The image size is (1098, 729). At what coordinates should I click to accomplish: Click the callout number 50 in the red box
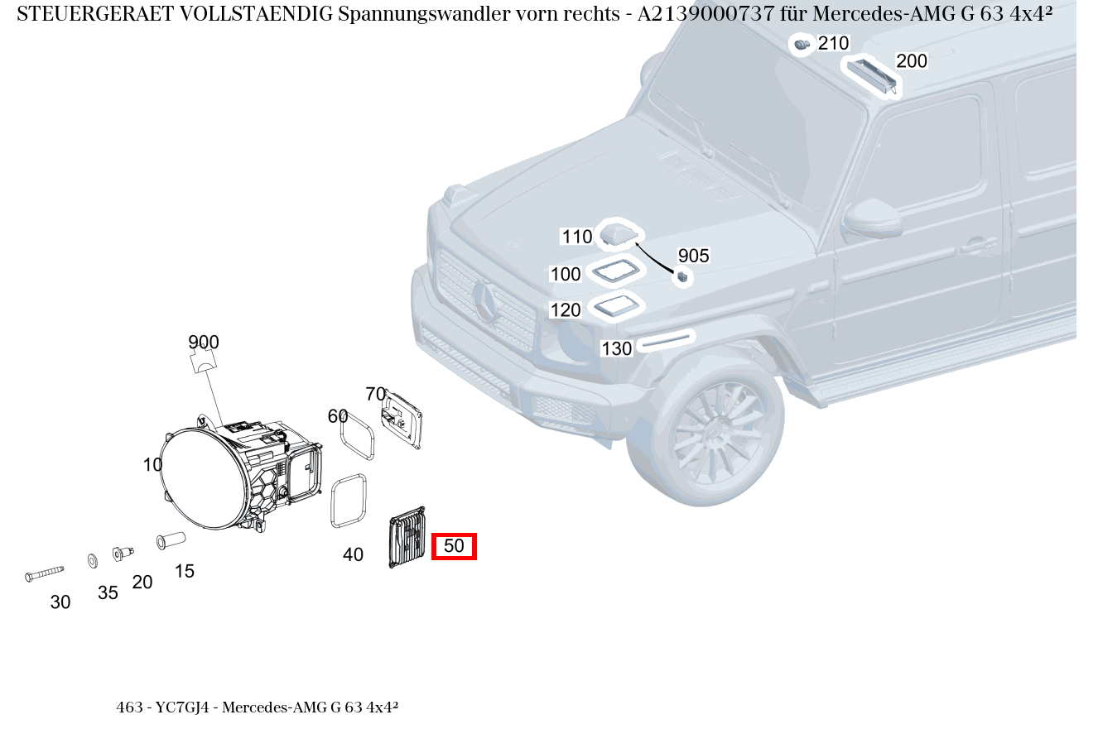(454, 546)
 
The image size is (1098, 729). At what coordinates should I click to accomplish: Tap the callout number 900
(203, 343)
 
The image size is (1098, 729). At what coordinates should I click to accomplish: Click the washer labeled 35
(92, 561)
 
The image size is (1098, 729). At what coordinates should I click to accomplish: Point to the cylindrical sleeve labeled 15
(171, 540)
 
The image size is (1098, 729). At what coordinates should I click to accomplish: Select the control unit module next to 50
(407, 538)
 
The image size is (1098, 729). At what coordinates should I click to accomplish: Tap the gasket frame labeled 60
(359, 438)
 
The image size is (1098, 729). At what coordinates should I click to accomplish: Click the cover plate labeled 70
(402, 420)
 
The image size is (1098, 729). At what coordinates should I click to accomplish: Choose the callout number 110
(577, 237)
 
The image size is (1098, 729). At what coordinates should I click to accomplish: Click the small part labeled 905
(682, 277)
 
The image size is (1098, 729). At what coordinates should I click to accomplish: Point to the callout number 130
(616, 349)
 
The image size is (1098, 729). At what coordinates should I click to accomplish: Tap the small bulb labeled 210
(801, 44)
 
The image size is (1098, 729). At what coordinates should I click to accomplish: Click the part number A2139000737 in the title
(706, 14)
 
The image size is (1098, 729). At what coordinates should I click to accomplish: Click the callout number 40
(353, 555)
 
